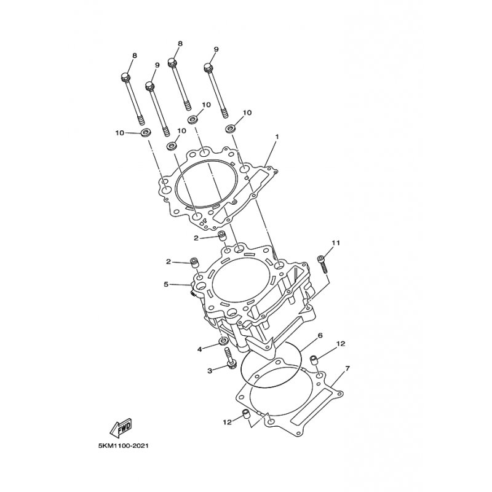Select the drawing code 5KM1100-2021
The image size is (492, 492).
[123, 445]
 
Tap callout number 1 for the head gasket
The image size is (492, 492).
[277, 137]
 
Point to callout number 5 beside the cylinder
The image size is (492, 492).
[166, 284]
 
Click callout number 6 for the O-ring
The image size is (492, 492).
[320, 335]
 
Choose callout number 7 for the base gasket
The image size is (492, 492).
[347, 368]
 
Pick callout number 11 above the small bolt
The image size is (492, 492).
[336, 243]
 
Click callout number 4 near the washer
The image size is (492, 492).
[199, 349]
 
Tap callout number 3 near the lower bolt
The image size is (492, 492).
[210, 371]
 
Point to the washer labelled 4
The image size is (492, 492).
[223, 341]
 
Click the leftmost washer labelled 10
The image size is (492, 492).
[146, 132]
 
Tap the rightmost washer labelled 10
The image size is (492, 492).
[231, 129]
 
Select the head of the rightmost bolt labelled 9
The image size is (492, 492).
[208, 68]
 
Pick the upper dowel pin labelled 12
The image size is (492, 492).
[314, 359]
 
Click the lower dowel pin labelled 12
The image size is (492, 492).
[246, 415]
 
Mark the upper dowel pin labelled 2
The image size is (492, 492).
[222, 236]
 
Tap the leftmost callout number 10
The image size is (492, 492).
[119, 133]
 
